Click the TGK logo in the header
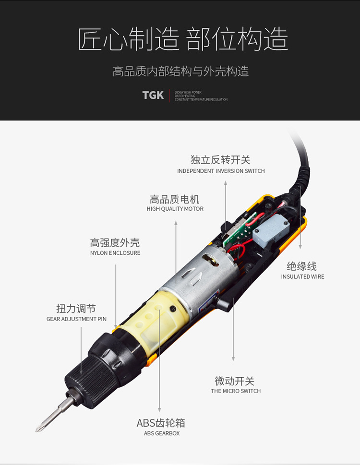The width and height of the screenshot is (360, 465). click(x=153, y=95)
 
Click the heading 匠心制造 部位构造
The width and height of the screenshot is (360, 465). click(x=183, y=39)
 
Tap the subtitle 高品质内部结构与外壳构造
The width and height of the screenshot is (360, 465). click(x=180, y=72)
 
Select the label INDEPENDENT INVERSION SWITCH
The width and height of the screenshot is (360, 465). click(x=221, y=171)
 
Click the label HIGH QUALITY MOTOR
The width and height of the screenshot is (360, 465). click(x=175, y=209)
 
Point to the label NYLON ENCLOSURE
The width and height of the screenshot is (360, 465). click(x=115, y=253)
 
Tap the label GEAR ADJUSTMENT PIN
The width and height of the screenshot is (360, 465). click(x=76, y=319)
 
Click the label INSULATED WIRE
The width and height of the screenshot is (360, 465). click(x=302, y=276)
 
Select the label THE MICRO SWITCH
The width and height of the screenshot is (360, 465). click(x=236, y=391)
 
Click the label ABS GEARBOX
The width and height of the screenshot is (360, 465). click(x=162, y=433)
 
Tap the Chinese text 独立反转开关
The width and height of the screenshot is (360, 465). click(x=220, y=160)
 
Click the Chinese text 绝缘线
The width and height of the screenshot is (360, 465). click(x=301, y=266)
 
